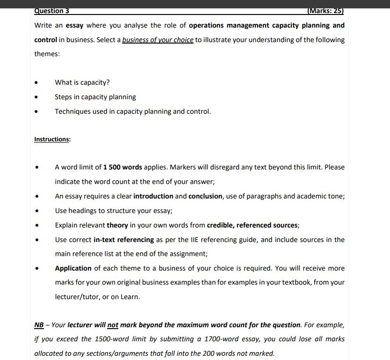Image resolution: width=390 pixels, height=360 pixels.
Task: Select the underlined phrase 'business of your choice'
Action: coord(158,40)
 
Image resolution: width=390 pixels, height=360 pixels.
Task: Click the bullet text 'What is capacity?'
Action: coord(82,82)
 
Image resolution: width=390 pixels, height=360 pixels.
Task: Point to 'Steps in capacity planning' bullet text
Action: coord(95,97)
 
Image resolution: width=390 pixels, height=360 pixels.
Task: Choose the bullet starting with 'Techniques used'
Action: coord(133,111)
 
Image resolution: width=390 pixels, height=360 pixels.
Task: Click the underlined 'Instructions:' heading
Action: coord(52,140)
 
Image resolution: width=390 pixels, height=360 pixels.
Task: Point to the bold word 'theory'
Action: coord(117,225)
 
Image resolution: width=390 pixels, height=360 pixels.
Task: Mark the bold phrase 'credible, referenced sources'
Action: coord(253,225)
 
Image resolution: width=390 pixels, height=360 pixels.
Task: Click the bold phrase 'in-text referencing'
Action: coord(124,240)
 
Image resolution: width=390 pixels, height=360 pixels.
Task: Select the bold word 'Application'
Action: coord(73,268)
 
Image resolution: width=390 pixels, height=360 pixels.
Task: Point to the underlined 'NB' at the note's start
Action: coord(39,325)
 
